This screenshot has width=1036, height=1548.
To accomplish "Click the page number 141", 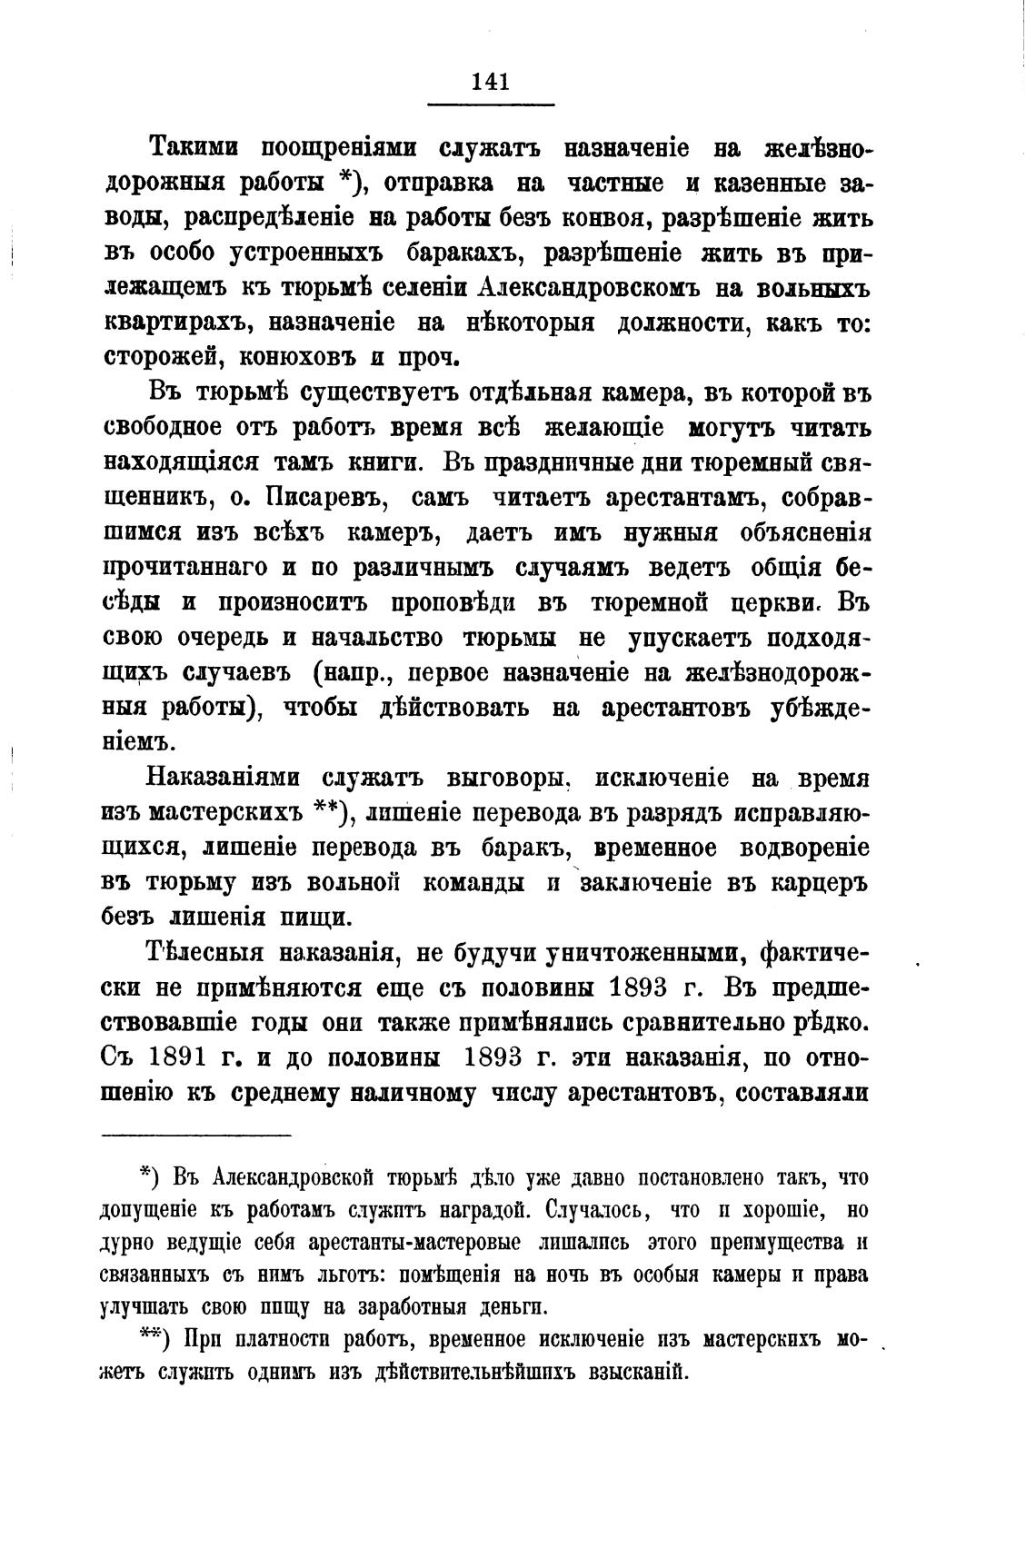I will [x=491, y=81].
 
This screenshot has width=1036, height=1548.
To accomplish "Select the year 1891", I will [x=188, y=1057].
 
